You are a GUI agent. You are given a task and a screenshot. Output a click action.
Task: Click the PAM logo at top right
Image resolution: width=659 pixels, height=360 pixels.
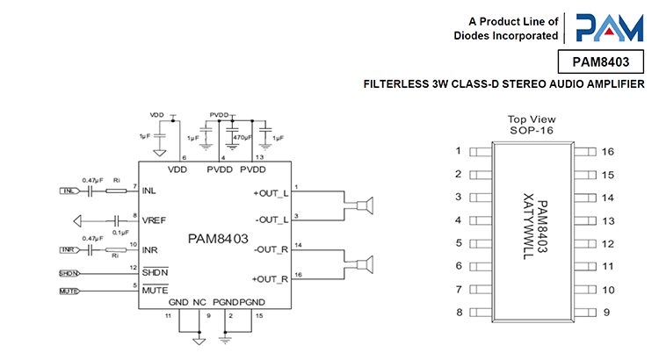tap(608, 27)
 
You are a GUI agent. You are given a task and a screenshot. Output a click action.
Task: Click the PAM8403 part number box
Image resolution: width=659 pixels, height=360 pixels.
tap(601, 61)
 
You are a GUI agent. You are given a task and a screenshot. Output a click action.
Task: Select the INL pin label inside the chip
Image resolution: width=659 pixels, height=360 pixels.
tap(150, 190)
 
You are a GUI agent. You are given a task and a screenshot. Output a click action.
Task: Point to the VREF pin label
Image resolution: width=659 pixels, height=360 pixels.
tap(155, 220)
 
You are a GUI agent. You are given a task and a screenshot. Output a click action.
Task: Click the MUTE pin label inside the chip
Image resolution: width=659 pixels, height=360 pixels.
tap(155, 289)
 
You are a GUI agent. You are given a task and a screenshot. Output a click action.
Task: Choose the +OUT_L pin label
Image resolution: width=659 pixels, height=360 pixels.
tap(271, 191)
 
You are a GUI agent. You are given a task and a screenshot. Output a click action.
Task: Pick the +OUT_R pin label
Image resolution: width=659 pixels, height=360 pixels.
tap(271, 279)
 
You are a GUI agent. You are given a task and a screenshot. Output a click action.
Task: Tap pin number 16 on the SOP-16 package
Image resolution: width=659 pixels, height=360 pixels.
tap(608, 151)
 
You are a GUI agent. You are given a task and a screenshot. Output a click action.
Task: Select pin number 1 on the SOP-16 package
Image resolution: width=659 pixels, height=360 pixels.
tap(458, 151)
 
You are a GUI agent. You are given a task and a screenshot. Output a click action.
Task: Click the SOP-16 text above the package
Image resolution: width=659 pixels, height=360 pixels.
tap(532, 130)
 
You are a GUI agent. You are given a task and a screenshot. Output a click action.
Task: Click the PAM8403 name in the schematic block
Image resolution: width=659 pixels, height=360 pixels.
tap(218, 239)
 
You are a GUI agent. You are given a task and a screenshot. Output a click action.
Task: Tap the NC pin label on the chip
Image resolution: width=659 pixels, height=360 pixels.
tap(199, 303)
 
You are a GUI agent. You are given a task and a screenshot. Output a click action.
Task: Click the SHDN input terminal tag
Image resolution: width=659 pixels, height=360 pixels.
tap(69, 273)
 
